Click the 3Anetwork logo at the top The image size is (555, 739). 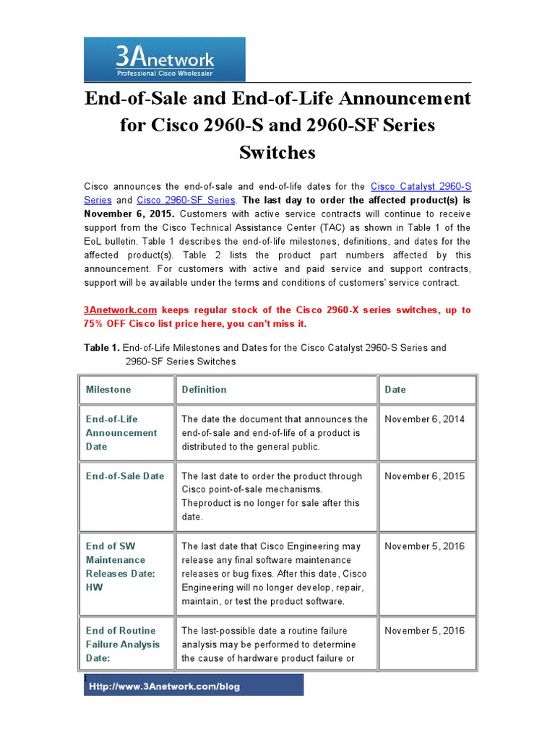click(165, 60)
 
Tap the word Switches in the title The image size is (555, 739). click(277, 152)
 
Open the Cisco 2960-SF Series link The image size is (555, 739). click(186, 200)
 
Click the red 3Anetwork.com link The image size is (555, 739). click(121, 310)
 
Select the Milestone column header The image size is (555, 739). click(108, 390)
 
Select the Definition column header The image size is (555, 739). click(204, 390)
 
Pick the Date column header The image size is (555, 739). click(395, 390)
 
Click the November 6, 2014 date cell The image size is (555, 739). click(425, 419)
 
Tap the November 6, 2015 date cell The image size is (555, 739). click(425, 476)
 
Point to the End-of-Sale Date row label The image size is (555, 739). click(125, 476)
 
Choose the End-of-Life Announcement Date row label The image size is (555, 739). click(121, 433)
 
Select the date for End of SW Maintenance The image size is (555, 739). click(425, 546)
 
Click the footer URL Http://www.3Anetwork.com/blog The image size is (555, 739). click(164, 687)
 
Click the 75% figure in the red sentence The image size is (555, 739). click(97, 324)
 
